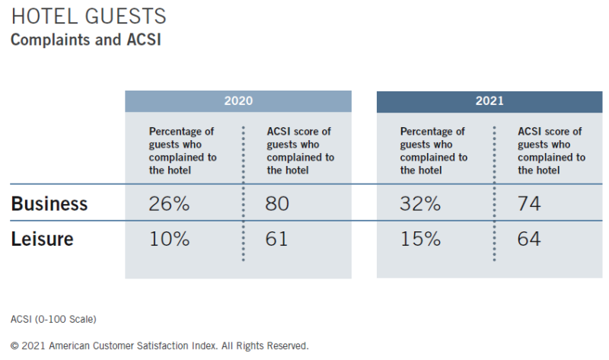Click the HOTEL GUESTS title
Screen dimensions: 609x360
(x=88, y=16)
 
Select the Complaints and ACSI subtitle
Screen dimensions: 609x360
(x=86, y=40)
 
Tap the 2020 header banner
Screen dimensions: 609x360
(x=238, y=101)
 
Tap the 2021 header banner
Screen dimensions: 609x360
(x=489, y=101)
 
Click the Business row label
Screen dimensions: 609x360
(x=49, y=203)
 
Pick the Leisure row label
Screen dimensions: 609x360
(x=42, y=238)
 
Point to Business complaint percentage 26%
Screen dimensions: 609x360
(x=169, y=203)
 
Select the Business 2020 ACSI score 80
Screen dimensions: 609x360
(x=277, y=203)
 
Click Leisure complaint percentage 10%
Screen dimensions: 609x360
(x=169, y=238)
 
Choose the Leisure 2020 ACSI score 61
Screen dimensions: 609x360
(x=276, y=238)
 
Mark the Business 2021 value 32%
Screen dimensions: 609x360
(x=420, y=203)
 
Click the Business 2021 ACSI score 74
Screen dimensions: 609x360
(x=529, y=203)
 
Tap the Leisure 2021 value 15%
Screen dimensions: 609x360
(x=421, y=238)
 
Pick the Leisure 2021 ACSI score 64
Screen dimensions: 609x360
(x=528, y=238)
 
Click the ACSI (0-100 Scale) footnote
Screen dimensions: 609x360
(x=53, y=319)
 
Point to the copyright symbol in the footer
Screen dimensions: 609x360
(x=14, y=346)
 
